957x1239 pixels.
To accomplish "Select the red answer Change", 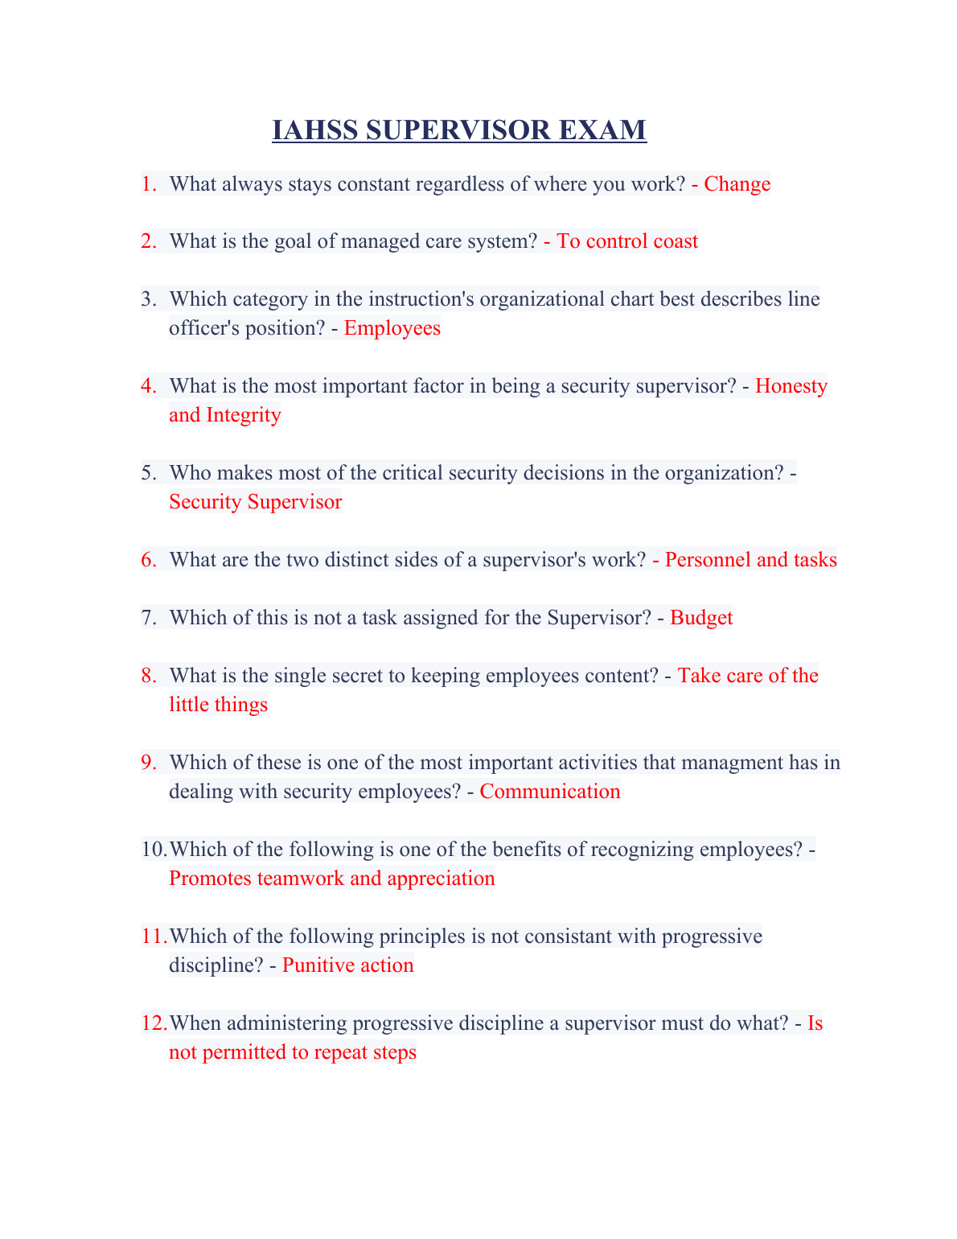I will coord(737,184).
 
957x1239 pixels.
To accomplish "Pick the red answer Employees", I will coord(392,328).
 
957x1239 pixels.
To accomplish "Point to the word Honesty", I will coord(791,386).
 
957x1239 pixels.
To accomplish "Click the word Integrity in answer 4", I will coord(244,415).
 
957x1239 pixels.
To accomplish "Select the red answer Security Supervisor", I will coord(256,502).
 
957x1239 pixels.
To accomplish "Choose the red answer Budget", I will coord(701,618).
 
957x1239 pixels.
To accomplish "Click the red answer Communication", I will coord(550,792).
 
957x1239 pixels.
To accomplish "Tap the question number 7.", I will coord(149,618).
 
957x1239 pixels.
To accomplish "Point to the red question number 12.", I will coord(154,1023).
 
